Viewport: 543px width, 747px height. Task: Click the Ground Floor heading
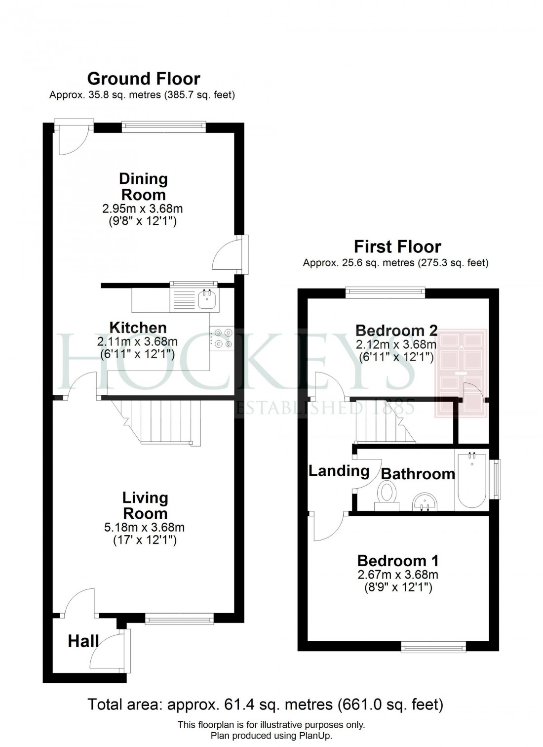click(x=144, y=79)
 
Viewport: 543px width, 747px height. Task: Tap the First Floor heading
click(x=397, y=247)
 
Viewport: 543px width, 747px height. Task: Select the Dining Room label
click(x=143, y=186)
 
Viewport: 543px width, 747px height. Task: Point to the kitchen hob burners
click(x=222, y=339)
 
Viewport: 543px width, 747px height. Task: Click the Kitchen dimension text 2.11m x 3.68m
click(x=137, y=341)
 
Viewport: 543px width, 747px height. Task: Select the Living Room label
click(x=145, y=505)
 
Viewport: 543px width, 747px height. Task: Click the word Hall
click(x=83, y=641)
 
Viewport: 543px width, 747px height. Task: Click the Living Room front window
click(x=179, y=619)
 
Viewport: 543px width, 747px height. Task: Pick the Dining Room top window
click(x=163, y=127)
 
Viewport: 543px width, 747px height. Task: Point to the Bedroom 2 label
click(x=396, y=330)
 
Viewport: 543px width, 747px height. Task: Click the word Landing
click(x=339, y=471)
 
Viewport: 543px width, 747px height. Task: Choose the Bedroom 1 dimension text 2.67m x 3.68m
click(x=397, y=575)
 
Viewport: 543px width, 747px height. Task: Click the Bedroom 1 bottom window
click(x=433, y=646)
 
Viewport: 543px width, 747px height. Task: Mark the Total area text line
click(x=265, y=704)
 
